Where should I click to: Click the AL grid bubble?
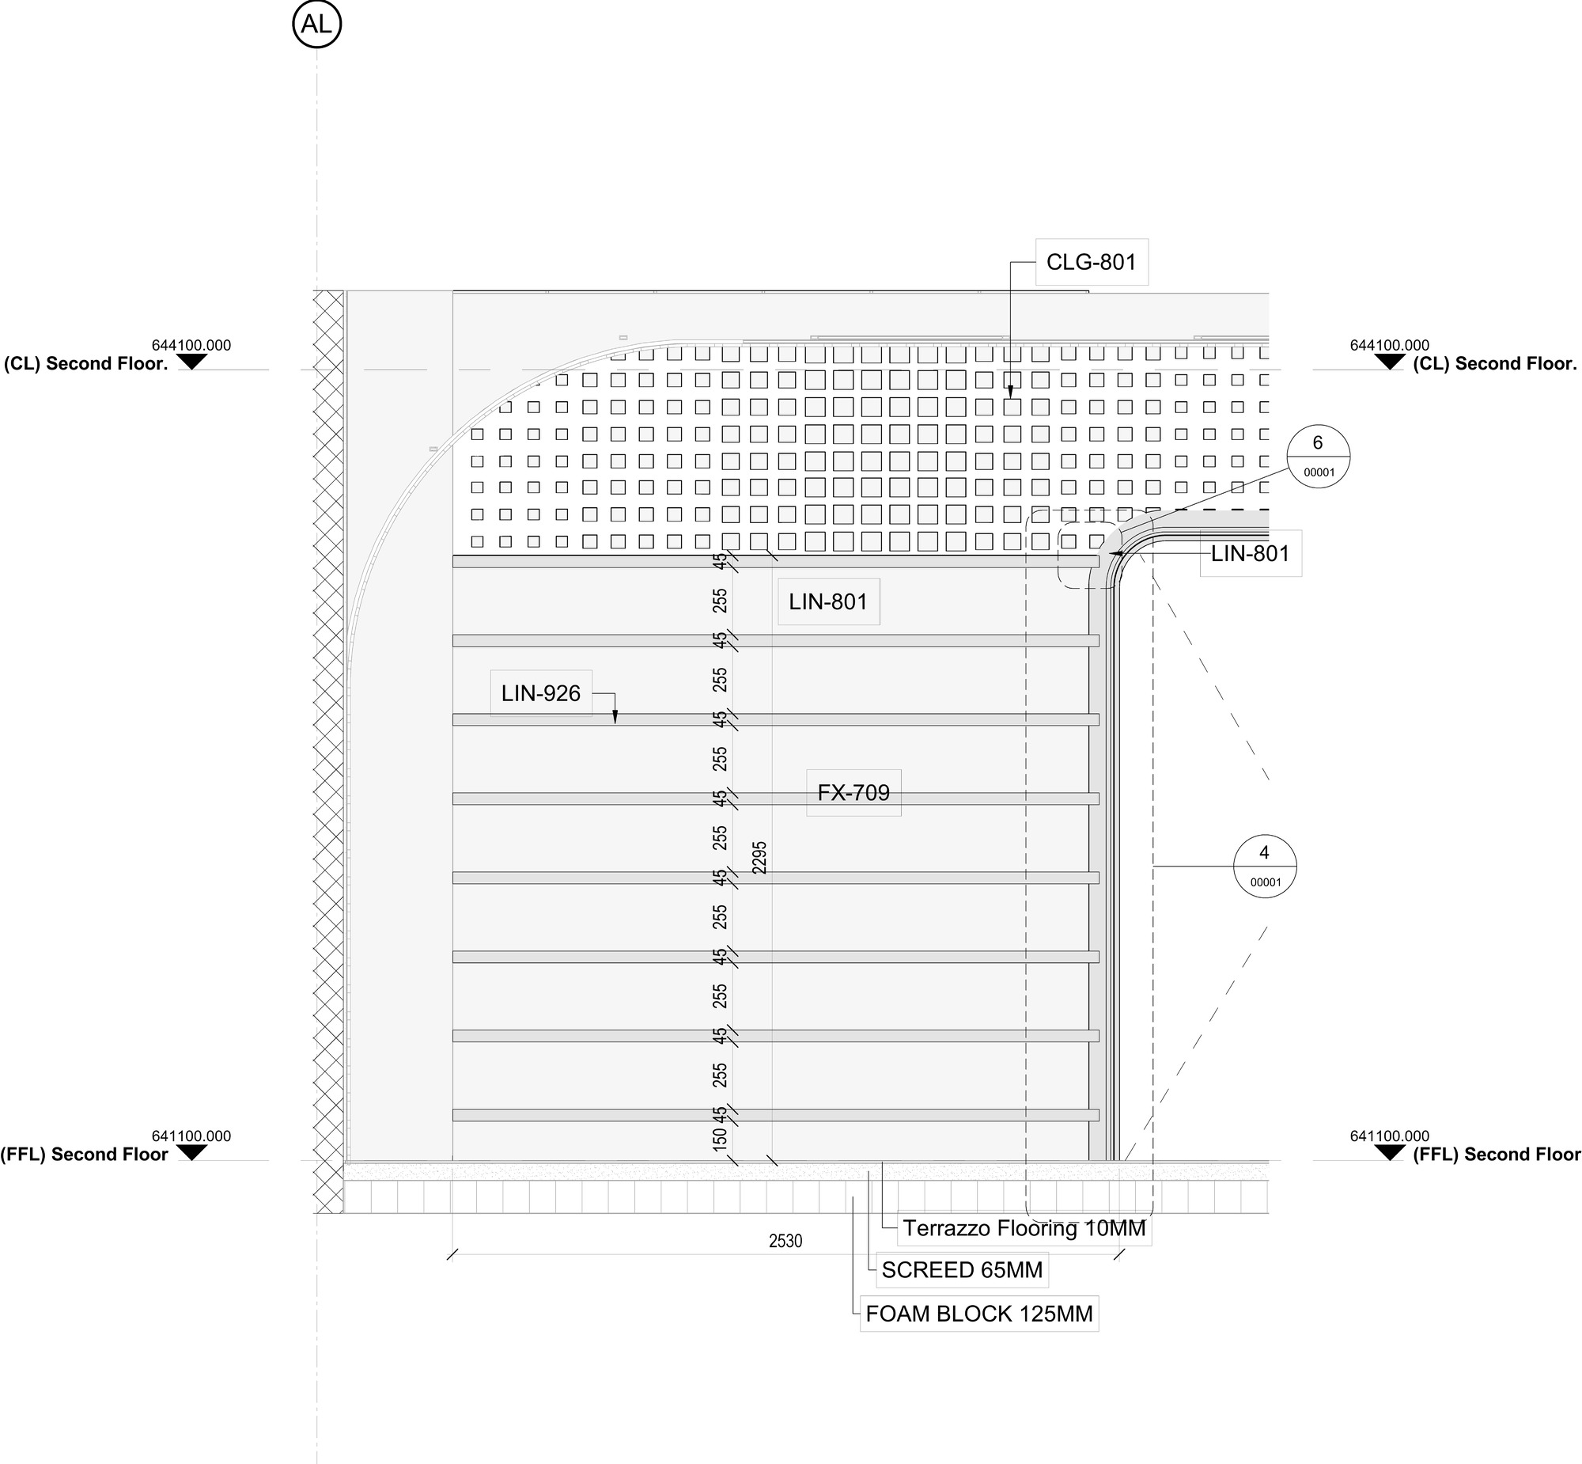[316, 25]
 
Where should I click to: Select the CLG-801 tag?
[1091, 262]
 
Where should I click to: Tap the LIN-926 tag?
[541, 693]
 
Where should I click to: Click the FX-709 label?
[853, 792]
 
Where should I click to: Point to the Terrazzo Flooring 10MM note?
[1024, 1228]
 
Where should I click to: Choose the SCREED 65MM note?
[962, 1270]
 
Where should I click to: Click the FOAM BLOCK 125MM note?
[979, 1314]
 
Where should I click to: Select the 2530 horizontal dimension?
[785, 1242]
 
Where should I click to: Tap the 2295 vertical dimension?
[760, 858]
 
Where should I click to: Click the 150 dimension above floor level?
[720, 1139]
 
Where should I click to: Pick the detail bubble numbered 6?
[1319, 457]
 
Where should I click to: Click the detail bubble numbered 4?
[1266, 866]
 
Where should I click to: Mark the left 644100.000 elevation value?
[191, 345]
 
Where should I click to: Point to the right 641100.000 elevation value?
[1390, 1136]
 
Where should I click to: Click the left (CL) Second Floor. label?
[86, 363]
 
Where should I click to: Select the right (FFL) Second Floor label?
[1497, 1155]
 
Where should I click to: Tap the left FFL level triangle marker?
[191, 1154]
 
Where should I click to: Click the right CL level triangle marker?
[1390, 362]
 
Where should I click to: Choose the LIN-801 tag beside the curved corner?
[1251, 554]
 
